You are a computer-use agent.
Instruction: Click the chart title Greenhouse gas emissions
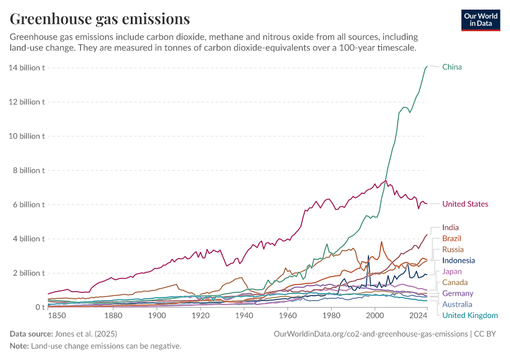(x=100, y=19)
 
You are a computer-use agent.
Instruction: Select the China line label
(x=452, y=67)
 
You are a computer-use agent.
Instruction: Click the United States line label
(x=465, y=204)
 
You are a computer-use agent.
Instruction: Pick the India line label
(x=451, y=227)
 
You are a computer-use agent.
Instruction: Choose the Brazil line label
(x=452, y=239)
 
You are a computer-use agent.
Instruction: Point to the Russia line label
(x=452, y=250)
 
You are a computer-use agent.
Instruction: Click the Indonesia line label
(x=458, y=260)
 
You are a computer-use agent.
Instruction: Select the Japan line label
(x=452, y=271)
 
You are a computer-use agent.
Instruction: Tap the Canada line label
(x=454, y=283)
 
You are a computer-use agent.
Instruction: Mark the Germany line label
(x=457, y=293)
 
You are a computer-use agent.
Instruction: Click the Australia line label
(x=457, y=304)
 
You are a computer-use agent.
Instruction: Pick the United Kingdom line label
(x=470, y=316)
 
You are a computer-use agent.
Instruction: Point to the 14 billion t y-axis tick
(x=27, y=67)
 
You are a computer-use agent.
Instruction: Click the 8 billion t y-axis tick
(x=29, y=170)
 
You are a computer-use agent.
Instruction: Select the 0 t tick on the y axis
(x=40, y=307)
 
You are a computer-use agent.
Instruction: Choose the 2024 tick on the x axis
(x=418, y=316)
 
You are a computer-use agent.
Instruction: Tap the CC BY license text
(x=487, y=334)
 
